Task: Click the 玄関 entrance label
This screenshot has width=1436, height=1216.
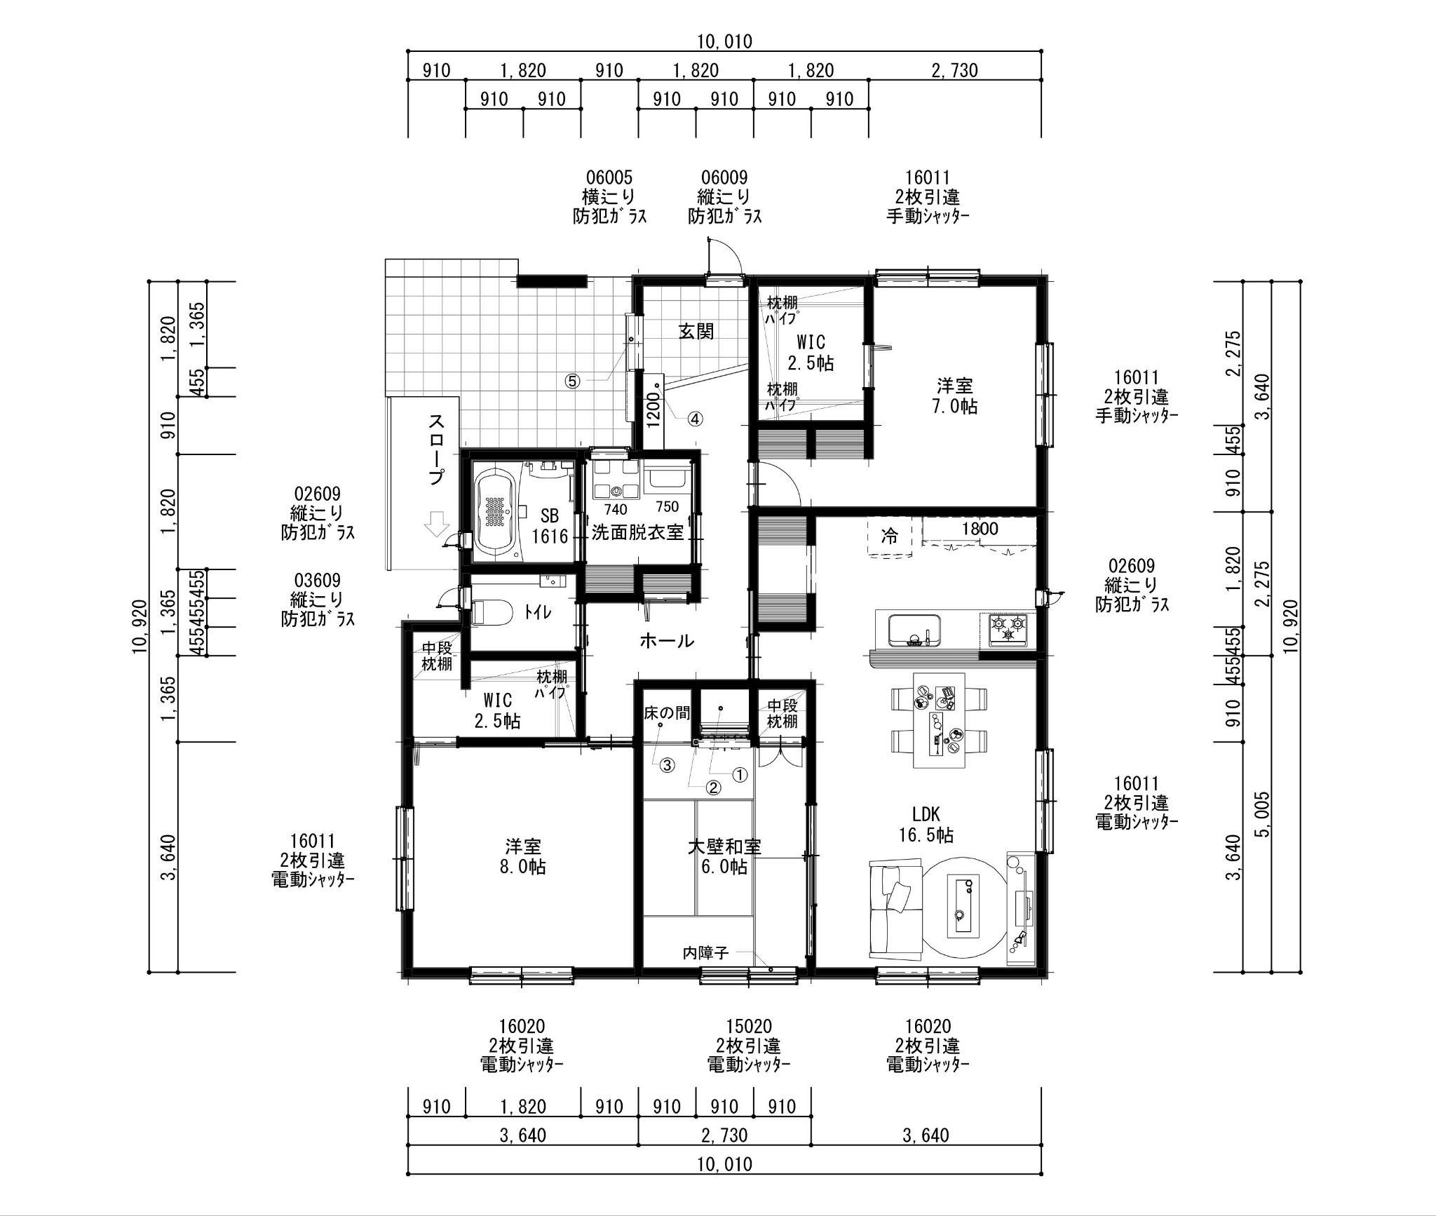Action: tap(696, 331)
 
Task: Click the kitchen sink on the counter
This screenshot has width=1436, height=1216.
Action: tap(914, 629)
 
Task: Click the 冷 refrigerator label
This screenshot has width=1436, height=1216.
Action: tap(890, 536)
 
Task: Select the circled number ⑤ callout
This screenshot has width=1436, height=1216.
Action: tap(573, 381)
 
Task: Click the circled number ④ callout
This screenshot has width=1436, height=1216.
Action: tap(694, 419)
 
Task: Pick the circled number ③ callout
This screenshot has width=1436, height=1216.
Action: tap(667, 765)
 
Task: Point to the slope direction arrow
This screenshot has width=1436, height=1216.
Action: tap(437, 523)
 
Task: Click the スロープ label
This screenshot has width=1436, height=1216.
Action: tap(436, 450)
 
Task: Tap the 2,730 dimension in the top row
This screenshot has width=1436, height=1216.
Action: tap(954, 70)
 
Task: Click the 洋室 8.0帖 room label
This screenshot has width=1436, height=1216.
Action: tap(523, 856)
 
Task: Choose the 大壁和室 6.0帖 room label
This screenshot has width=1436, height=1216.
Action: tap(724, 856)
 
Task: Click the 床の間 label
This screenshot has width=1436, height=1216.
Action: tap(667, 713)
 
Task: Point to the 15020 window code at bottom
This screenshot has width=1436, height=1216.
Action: tap(749, 1027)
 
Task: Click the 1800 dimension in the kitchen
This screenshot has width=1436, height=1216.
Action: tap(980, 529)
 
